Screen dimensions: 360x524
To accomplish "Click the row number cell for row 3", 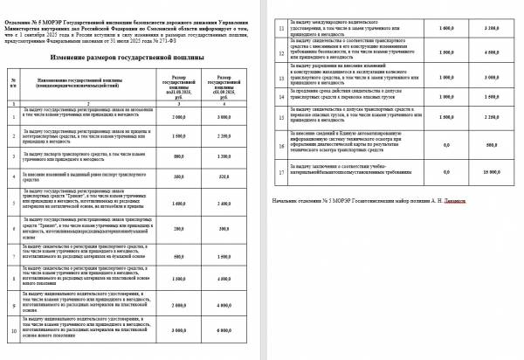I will point(14,181).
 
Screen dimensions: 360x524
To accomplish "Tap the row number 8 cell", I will point(14,305).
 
